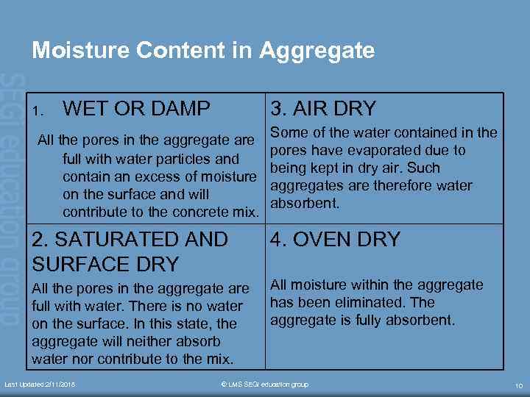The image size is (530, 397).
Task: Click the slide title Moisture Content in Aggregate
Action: [x=203, y=51]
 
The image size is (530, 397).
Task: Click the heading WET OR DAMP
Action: [x=137, y=109]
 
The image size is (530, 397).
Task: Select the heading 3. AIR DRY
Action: [x=323, y=109]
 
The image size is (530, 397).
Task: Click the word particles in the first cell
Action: [x=174, y=159]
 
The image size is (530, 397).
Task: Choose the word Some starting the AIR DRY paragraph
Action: [x=289, y=133]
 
